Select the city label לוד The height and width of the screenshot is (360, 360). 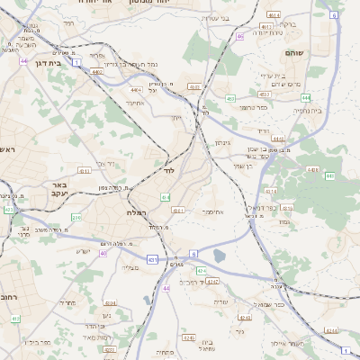coord(168,169)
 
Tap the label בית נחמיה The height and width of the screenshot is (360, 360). coord(308,112)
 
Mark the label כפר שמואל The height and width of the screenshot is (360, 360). coord(269,305)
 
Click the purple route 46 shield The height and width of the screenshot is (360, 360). coord(240,36)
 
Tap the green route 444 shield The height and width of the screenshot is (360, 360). coord(306,97)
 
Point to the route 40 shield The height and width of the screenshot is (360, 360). coord(103,254)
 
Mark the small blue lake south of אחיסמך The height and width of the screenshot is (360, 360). coord(220,255)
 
